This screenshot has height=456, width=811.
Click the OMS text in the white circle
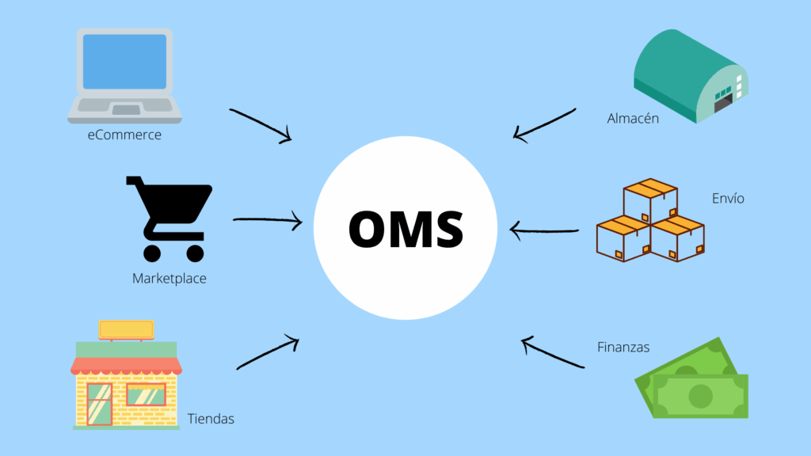405,228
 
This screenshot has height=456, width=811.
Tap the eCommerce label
124,135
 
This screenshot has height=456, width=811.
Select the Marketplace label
169,279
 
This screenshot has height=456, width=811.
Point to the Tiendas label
211,419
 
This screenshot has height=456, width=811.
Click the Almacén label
633,119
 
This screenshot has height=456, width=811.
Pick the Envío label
728,198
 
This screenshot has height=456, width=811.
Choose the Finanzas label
623,347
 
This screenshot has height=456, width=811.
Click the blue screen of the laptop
125,62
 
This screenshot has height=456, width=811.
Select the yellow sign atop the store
126,329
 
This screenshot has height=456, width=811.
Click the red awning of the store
126,365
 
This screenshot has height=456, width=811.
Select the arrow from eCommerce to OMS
261,126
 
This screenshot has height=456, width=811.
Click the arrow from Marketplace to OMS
268,220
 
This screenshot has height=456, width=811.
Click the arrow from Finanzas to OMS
552,353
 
